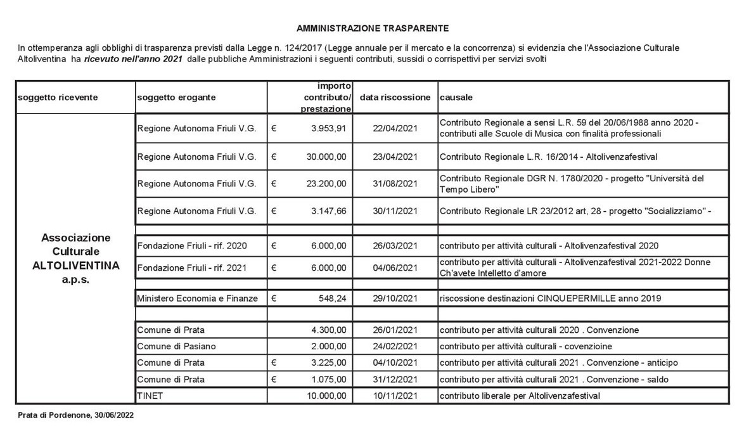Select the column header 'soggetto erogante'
176,98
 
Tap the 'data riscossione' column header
395,98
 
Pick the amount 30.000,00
326,156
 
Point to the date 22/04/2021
395,128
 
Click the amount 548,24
333,298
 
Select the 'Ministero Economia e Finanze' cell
198,298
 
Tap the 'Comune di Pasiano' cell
167,345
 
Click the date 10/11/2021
395,396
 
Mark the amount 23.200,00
326,184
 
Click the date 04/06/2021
395,267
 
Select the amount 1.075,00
329,379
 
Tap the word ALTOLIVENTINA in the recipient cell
75,265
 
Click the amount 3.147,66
329,211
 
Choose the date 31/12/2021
395,379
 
